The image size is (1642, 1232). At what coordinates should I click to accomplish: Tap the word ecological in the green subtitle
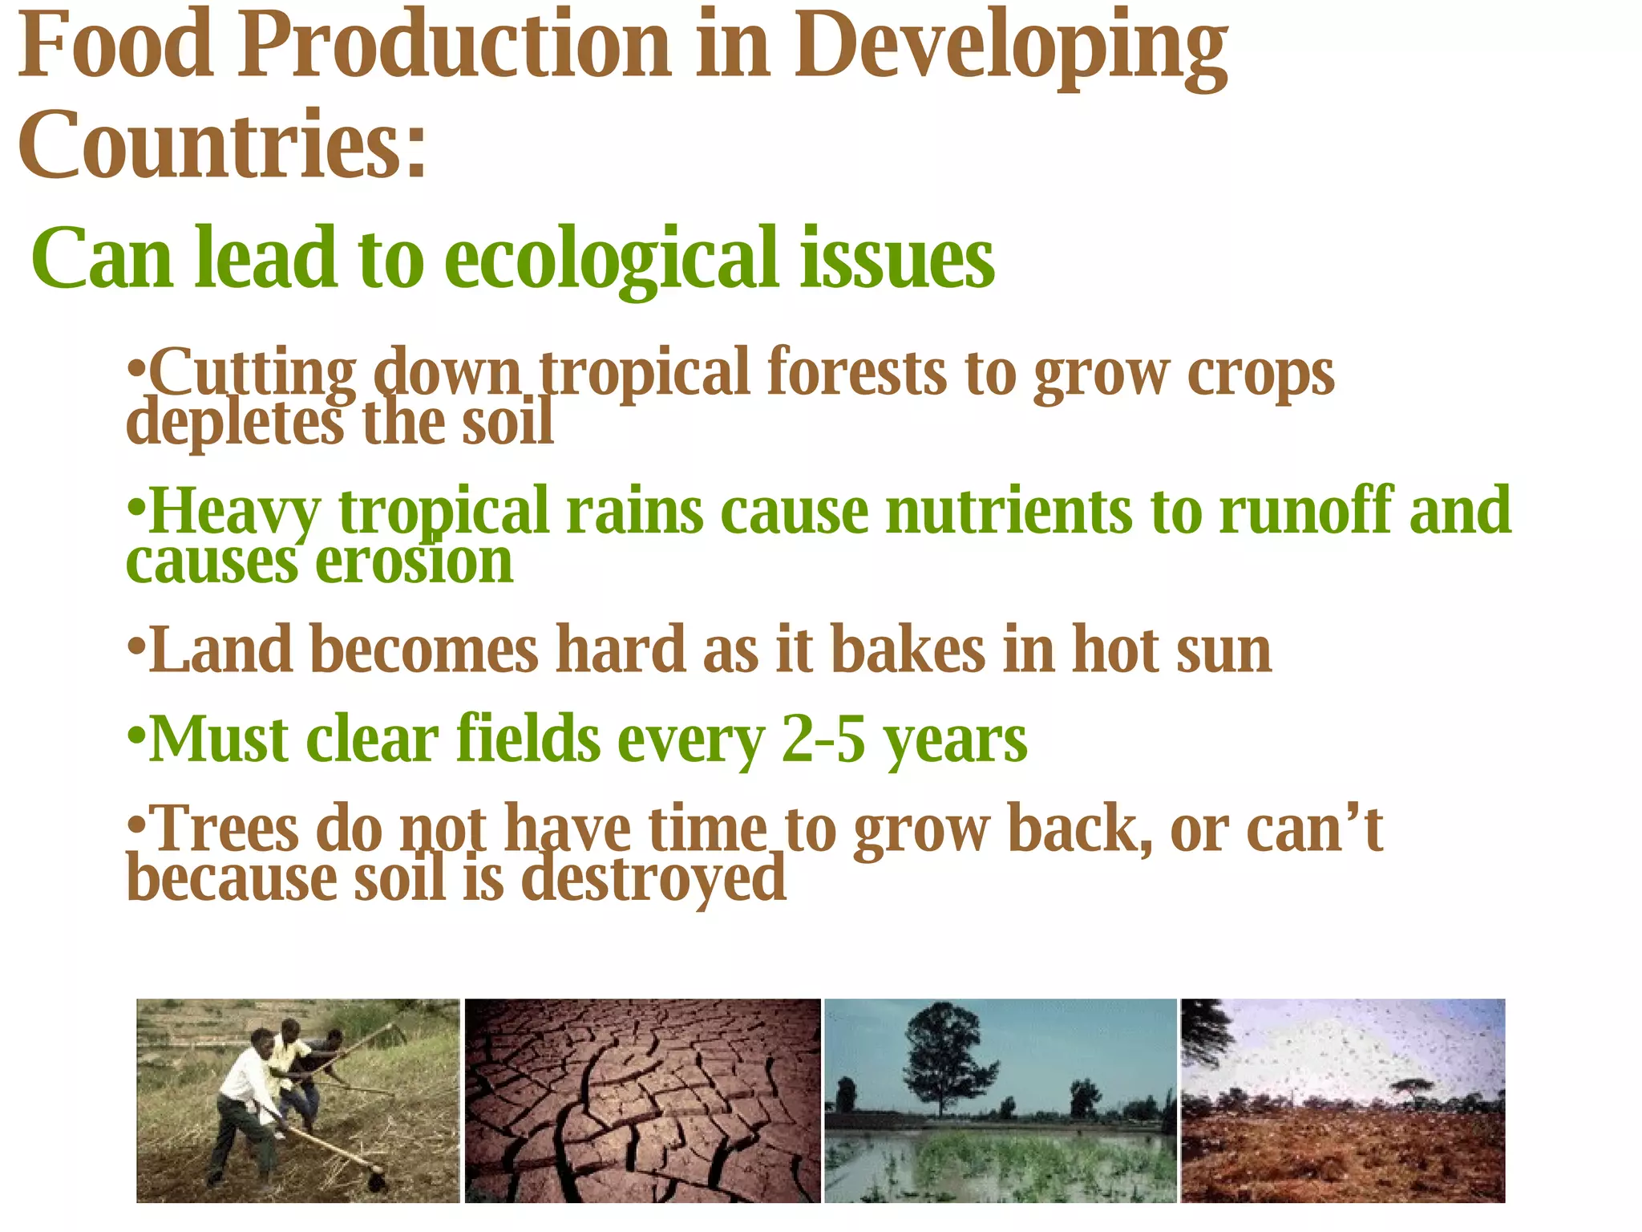[x=610, y=258]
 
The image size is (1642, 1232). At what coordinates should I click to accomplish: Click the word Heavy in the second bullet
[x=234, y=512]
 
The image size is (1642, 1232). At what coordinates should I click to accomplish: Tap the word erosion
[x=414, y=562]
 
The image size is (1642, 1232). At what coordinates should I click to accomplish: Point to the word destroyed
[x=653, y=879]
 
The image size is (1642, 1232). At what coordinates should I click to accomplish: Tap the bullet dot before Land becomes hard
[x=136, y=647]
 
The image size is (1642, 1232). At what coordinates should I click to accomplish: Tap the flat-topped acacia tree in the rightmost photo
[x=1406, y=1088]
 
